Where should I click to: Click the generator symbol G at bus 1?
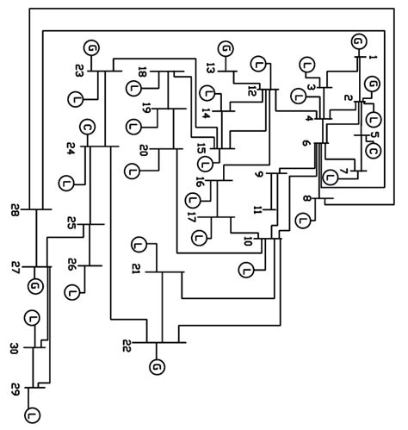(x=358, y=41)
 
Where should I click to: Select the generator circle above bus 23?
(x=90, y=47)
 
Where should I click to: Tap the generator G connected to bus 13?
(x=226, y=49)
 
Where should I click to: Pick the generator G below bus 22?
(x=156, y=368)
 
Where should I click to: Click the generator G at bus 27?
(x=34, y=286)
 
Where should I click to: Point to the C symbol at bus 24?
(x=87, y=128)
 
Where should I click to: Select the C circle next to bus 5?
(x=373, y=151)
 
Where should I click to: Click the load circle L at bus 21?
(x=139, y=246)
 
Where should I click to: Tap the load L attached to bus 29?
(x=33, y=416)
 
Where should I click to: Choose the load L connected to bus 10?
(x=248, y=271)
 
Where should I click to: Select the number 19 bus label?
(x=146, y=109)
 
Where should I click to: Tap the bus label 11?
(x=257, y=209)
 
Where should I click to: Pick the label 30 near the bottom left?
(x=15, y=348)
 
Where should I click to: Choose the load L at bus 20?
(x=133, y=170)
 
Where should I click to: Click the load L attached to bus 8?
(x=302, y=220)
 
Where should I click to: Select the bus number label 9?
(x=257, y=176)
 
